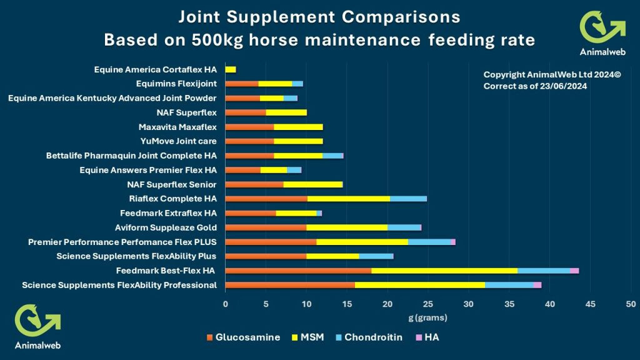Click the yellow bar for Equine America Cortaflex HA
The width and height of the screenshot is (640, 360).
point(231,69)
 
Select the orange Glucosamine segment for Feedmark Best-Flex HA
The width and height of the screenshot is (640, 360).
point(298,271)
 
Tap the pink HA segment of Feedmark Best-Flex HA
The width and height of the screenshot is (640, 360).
point(574,271)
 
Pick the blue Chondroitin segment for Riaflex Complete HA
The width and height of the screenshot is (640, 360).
point(408,199)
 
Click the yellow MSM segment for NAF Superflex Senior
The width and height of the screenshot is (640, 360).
point(312,184)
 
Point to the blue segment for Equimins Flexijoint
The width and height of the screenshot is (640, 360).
point(297,84)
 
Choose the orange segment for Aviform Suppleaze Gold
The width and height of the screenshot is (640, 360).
point(266,227)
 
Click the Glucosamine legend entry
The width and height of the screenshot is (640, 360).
point(244,337)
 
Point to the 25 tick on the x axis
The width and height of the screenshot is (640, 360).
point(428,304)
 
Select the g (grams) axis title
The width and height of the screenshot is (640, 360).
point(428,317)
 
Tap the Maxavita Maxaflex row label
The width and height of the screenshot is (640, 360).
point(177,127)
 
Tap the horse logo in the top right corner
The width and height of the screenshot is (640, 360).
point(602,26)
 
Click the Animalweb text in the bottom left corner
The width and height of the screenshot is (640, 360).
point(37,344)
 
